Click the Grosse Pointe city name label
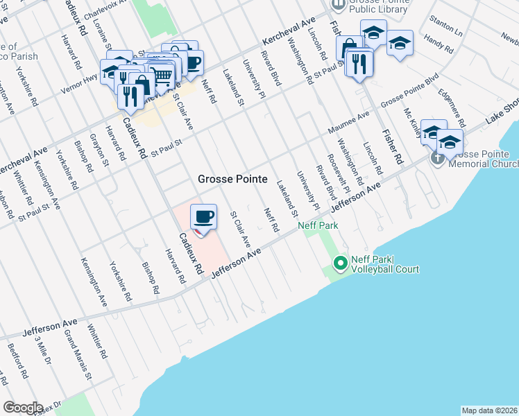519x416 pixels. coord(232,179)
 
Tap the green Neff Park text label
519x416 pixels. coord(318,226)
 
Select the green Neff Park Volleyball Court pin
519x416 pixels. coord(340,263)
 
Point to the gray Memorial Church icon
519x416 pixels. coord(438,157)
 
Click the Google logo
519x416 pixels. coord(24,408)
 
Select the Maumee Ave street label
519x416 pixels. coord(354,122)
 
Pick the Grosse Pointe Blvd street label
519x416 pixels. coord(410,99)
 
